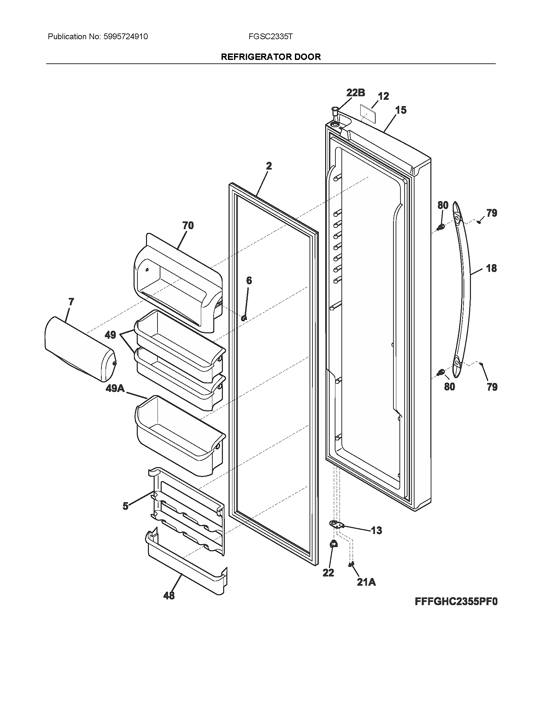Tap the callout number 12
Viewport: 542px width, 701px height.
(383, 96)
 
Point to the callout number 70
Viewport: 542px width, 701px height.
(188, 226)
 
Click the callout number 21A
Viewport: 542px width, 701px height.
(366, 582)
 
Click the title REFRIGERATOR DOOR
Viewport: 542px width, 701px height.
(271, 57)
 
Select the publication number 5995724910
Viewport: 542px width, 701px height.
(126, 37)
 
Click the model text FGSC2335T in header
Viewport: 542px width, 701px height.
(270, 37)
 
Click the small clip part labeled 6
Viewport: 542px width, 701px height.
(244, 318)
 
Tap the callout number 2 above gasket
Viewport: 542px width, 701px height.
(269, 166)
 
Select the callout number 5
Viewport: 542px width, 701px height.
(126, 506)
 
